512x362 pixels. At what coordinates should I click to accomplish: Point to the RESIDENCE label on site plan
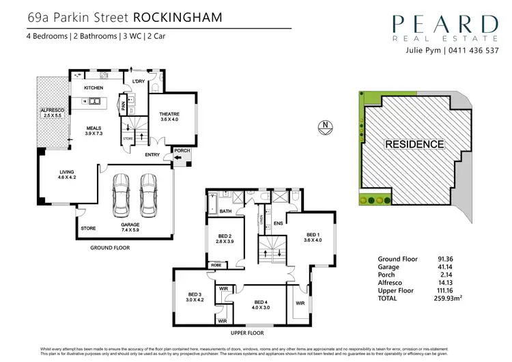(414, 144)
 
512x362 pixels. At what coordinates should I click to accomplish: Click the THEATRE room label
(169, 117)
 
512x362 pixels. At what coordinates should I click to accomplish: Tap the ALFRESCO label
(51, 113)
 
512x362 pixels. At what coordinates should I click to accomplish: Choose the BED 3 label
(196, 298)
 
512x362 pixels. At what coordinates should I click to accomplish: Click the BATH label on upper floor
(225, 212)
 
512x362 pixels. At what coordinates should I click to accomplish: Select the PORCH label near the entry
(182, 151)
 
